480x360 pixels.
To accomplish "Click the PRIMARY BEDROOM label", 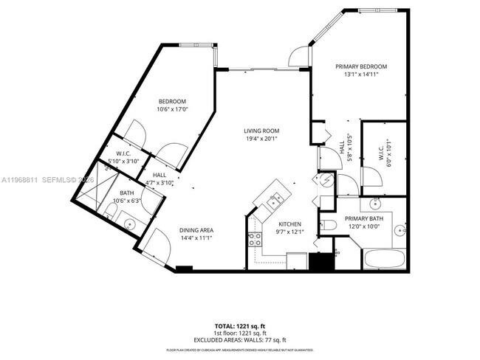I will (x=361, y=66).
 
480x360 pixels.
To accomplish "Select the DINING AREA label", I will (x=196, y=230).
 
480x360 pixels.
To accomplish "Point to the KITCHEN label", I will (x=289, y=224).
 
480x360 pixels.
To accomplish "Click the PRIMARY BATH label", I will (x=364, y=218).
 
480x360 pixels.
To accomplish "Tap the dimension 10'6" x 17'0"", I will (x=173, y=110).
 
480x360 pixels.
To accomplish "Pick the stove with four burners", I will (x=254, y=239).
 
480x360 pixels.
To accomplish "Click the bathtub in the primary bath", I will (x=384, y=259).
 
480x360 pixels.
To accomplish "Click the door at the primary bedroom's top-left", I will (x=297, y=55).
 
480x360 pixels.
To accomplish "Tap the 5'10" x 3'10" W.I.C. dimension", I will (x=123, y=161).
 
